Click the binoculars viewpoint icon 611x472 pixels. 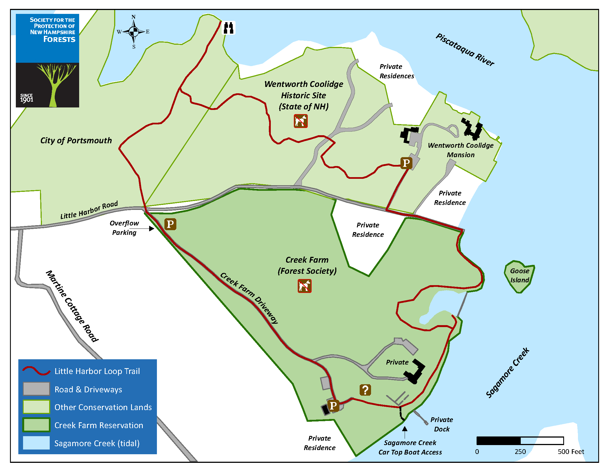click(x=229, y=28)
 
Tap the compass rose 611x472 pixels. click(x=134, y=32)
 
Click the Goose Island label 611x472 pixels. click(x=520, y=275)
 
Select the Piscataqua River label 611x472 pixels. click(x=465, y=50)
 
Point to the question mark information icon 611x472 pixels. click(x=365, y=390)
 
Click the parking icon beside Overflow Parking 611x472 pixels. click(x=170, y=224)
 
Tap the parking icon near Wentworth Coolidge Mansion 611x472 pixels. click(x=406, y=163)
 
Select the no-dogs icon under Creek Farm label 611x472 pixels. click(x=304, y=286)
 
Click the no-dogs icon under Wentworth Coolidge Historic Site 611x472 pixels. click(x=301, y=121)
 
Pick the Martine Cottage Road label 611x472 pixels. click(x=72, y=306)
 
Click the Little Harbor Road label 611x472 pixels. click(x=89, y=210)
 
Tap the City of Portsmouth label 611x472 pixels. click(x=76, y=140)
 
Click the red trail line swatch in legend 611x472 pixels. click(x=36, y=371)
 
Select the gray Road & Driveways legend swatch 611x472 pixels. click(x=36, y=389)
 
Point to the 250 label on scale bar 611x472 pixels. click(x=520, y=451)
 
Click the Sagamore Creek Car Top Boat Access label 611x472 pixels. click(x=410, y=447)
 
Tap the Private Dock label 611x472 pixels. click(x=442, y=424)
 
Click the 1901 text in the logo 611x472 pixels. click(x=27, y=100)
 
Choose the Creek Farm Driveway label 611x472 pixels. click(x=249, y=298)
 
